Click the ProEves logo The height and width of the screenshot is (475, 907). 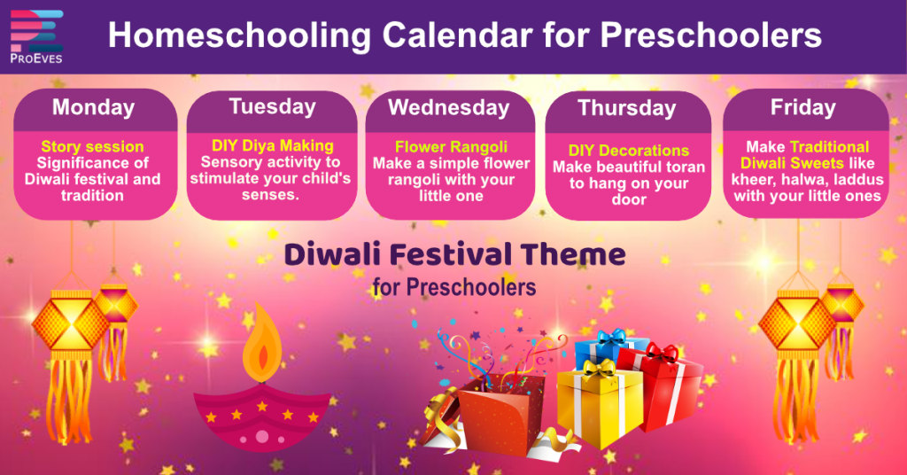pyautogui.click(x=35, y=35)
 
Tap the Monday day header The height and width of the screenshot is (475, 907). pyautogui.click(x=94, y=107)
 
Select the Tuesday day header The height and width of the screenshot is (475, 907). pyautogui.click(x=272, y=106)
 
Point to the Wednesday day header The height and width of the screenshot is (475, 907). pyautogui.click(x=449, y=107)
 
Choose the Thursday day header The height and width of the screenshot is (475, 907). pyautogui.click(x=627, y=108)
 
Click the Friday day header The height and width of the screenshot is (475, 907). pyautogui.click(x=802, y=107)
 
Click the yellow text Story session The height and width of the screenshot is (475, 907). pyautogui.click(x=92, y=146)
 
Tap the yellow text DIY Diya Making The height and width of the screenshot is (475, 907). pyautogui.click(x=273, y=145)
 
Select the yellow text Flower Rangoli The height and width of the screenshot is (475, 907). pyautogui.click(x=451, y=146)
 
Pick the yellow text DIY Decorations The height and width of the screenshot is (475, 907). pyautogui.click(x=629, y=151)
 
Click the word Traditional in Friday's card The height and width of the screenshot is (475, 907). pyautogui.click(x=829, y=146)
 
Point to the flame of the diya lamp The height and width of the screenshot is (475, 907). pyautogui.click(x=262, y=342)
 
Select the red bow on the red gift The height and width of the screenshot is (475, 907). pyautogui.click(x=661, y=353)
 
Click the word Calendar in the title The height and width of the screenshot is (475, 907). pyautogui.click(x=457, y=35)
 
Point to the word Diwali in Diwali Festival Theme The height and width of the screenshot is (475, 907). pyautogui.click(x=333, y=254)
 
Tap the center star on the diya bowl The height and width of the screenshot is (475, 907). pyautogui.click(x=262, y=407)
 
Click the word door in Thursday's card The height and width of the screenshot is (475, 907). pyautogui.click(x=629, y=199)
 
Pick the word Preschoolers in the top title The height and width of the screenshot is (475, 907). pyautogui.click(x=710, y=35)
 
